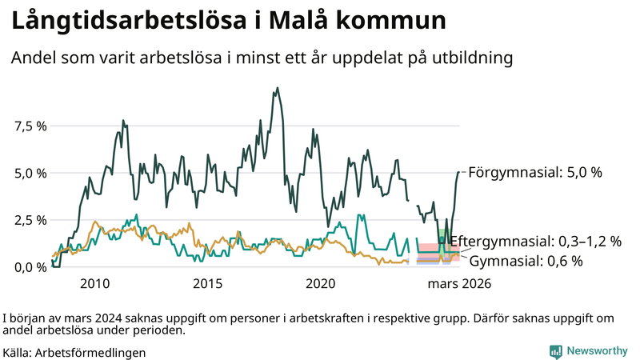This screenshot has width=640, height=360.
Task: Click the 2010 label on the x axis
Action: [94, 283]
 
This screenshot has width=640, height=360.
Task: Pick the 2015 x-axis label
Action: [208, 283]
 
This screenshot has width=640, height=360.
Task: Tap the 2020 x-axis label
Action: [321, 283]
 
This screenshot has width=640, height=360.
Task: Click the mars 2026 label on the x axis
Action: [459, 283]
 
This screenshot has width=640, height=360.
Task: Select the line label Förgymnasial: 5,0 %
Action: [534, 172]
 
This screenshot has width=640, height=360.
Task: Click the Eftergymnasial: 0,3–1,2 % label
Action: [535, 242]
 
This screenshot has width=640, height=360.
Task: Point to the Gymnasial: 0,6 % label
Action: [525, 261]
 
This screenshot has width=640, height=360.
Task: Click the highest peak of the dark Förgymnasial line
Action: [277, 88]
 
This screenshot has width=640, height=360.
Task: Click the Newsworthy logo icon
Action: [555, 351]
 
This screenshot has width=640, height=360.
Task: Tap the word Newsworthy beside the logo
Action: [597, 351]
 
